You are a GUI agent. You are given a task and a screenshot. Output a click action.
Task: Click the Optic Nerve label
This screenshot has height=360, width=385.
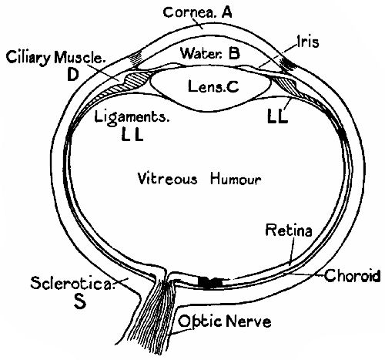click(x=224, y=320)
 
